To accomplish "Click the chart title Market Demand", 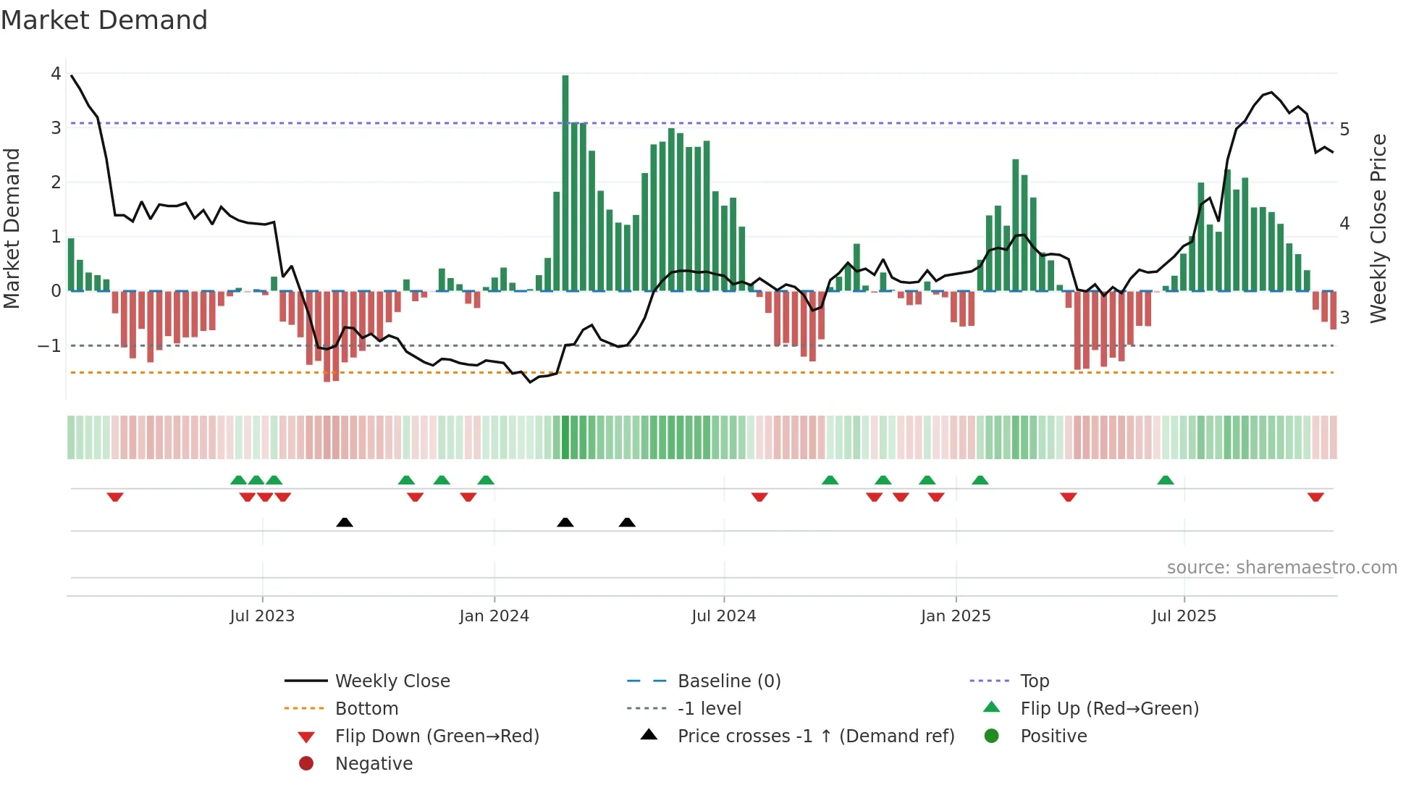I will tap(104, 20).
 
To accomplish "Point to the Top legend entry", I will tap(1034, 681).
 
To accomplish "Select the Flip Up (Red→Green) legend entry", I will tap(1109, 708).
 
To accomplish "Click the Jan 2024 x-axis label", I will tap(494, 616).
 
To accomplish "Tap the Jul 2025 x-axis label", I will tap(1184, 616).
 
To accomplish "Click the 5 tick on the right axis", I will tap(1344, 130).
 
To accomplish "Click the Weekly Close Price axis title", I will tap(1378, 228).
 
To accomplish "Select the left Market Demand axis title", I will tap(12, 228).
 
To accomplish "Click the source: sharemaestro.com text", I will tap(1281, 568).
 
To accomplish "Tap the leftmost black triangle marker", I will tap(345, 522).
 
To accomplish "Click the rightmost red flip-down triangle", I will tap(1315, 497).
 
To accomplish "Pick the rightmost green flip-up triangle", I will tap(1165, 480).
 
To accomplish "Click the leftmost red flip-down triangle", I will tap(115, 497).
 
